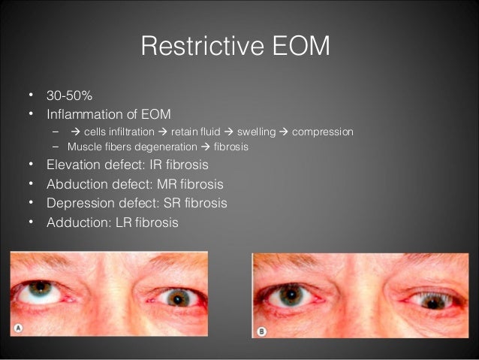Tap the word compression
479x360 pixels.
click(x=322, y=132)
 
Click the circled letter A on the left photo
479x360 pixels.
click(x=18, y=328)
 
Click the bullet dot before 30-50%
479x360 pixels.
click(x=31, y=96)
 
